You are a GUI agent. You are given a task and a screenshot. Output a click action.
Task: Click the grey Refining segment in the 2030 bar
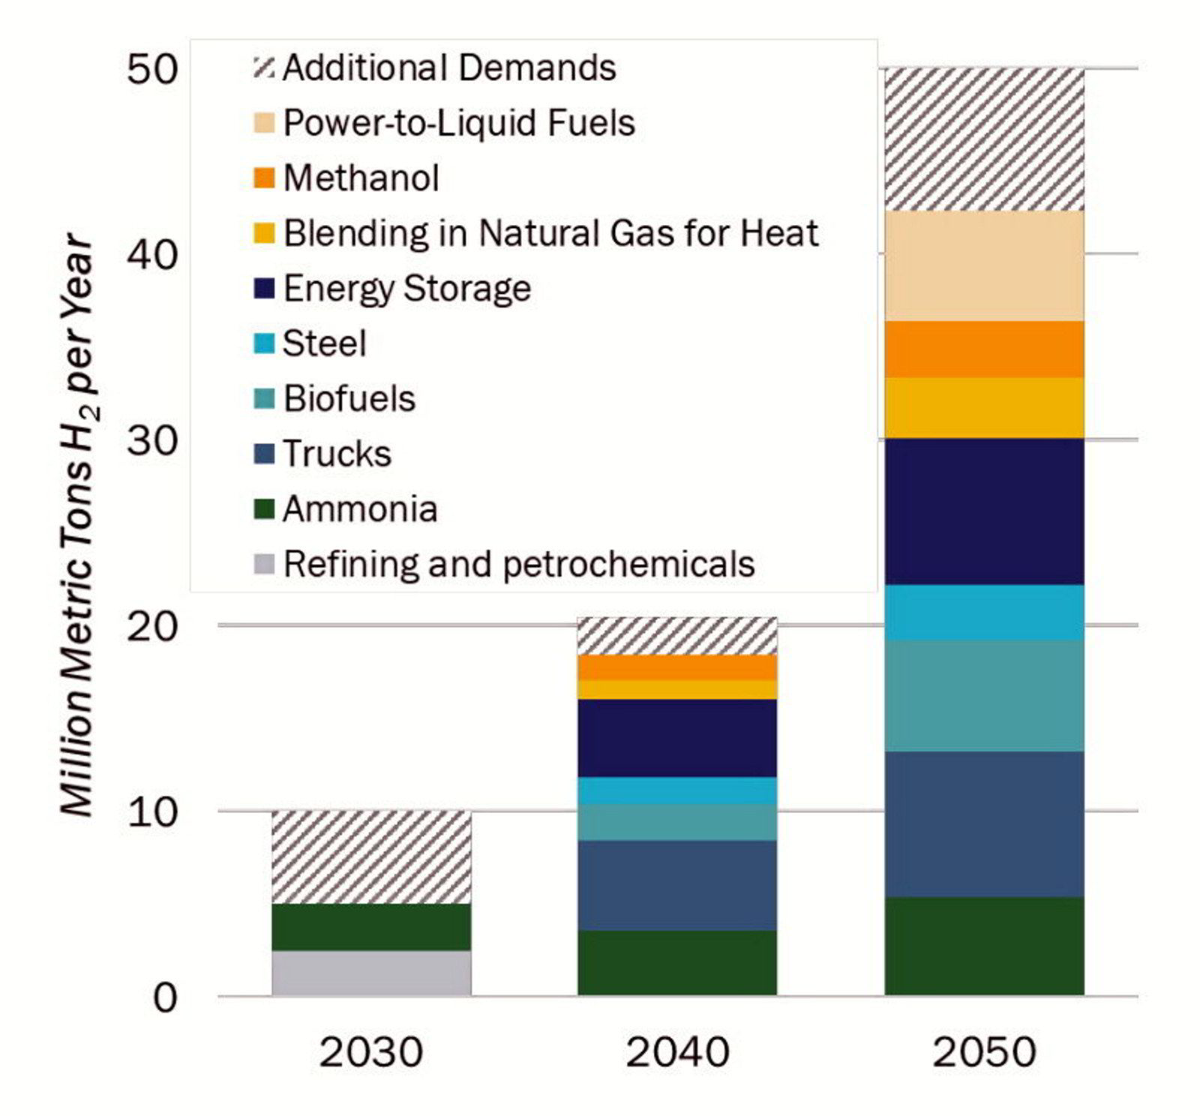[x=371, y=973]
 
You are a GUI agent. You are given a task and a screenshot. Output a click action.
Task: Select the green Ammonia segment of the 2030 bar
[x=371, y=927]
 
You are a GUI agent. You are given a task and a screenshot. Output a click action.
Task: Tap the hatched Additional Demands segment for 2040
[x=677, y=636]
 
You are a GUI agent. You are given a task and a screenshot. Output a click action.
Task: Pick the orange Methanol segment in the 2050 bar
[x=984, y=349]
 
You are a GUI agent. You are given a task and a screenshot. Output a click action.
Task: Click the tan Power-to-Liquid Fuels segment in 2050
[x=984, y=266]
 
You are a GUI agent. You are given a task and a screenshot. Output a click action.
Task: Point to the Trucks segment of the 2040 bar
[x=677, y=885]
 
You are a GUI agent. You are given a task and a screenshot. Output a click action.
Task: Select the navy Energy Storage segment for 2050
[x=984, y=511]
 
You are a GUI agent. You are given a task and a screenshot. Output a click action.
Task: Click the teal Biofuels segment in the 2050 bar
[x=984, y=695]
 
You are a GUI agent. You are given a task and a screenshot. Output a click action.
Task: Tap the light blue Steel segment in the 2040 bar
[x=677, y=790]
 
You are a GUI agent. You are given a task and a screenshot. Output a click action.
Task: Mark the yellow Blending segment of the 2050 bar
[x=984, y=408]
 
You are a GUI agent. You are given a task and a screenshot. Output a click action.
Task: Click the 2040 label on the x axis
[x=677, y=1051]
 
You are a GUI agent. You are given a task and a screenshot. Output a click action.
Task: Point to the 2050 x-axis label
[x=984, y=1051]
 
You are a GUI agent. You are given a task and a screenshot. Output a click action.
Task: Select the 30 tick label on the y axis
[x=152, y=440]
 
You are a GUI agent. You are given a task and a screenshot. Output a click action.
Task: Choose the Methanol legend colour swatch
[x=264, y=178]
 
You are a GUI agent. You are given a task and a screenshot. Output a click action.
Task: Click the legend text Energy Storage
[x=407, y=289]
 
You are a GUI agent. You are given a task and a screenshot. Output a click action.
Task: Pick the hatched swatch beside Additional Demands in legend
[x=264, y=67]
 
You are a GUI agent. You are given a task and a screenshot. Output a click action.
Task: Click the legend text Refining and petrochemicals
[x=519, y=564]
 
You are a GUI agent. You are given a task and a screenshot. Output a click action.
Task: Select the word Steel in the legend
[x=325, y=343]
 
